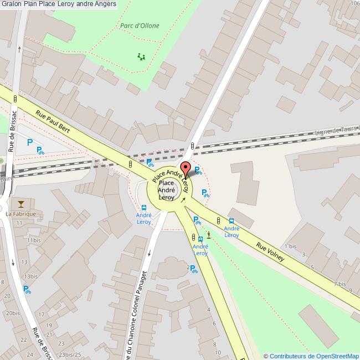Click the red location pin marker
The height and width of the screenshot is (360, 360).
point(185,168)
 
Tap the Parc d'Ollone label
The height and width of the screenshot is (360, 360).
point(140,26)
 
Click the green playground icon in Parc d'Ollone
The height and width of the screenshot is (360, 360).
point(141,56)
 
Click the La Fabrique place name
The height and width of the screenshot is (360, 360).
point(20,214)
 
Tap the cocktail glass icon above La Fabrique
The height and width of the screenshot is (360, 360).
point(21,204)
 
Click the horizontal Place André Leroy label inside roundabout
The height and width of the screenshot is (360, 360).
point(167,190)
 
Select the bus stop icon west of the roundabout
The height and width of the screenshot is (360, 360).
point(144,208)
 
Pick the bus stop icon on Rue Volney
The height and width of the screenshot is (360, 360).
point(232,220)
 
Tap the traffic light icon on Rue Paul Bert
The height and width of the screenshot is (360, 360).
point(130,164)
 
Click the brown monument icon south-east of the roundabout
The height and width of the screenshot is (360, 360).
point(209,235)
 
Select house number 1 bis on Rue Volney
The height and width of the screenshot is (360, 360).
point(290,246)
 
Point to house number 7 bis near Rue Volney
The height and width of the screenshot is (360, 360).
point(340,284)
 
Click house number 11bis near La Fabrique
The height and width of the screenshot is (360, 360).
point(33,240)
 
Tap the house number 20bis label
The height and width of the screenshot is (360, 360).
point(13,313)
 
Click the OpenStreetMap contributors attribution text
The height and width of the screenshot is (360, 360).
point(311,356)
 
